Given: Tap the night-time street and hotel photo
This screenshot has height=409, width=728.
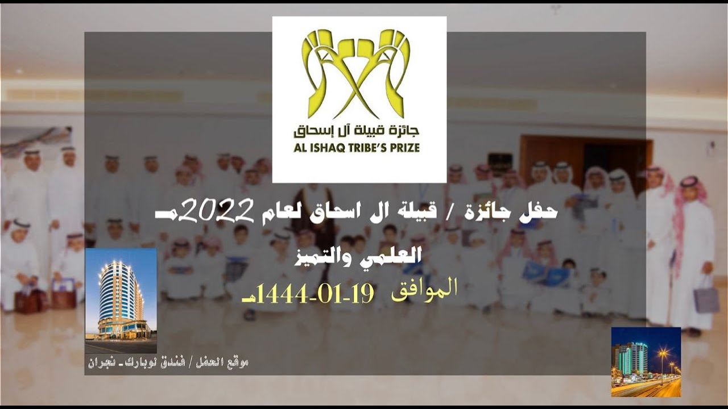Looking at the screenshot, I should tap(646, 361).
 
